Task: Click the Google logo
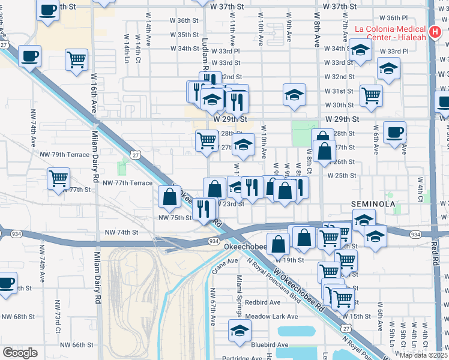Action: coord(20,352)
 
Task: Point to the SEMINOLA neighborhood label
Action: coord(373,205)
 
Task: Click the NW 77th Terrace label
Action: coord(127,182)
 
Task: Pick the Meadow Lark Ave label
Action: coord(271,316)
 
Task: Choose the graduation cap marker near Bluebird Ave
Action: coord(240,331)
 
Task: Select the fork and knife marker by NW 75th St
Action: coord(204,208)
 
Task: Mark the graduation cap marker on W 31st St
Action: coord(294,94)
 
